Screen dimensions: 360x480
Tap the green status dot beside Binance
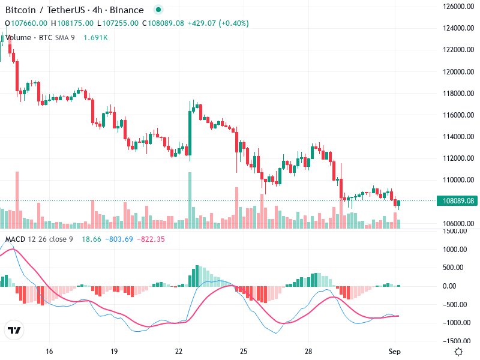(x=158, y=10)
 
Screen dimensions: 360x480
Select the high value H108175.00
(x=72, y=23)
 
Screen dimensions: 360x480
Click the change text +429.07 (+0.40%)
(x=218, y=23)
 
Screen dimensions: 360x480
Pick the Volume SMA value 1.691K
(x=95, y=37)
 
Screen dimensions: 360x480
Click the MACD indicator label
(x=16, y=239)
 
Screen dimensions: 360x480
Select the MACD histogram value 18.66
(x=92, y=239)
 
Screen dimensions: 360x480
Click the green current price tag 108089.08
(x=457, y=201)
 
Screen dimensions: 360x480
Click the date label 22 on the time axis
(x=179, y=352)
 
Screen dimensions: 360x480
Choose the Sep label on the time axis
(x=394, y=352)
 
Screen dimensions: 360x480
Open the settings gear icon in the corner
(x=459, y=352)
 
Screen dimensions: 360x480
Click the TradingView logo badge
(x=14, y=331)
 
